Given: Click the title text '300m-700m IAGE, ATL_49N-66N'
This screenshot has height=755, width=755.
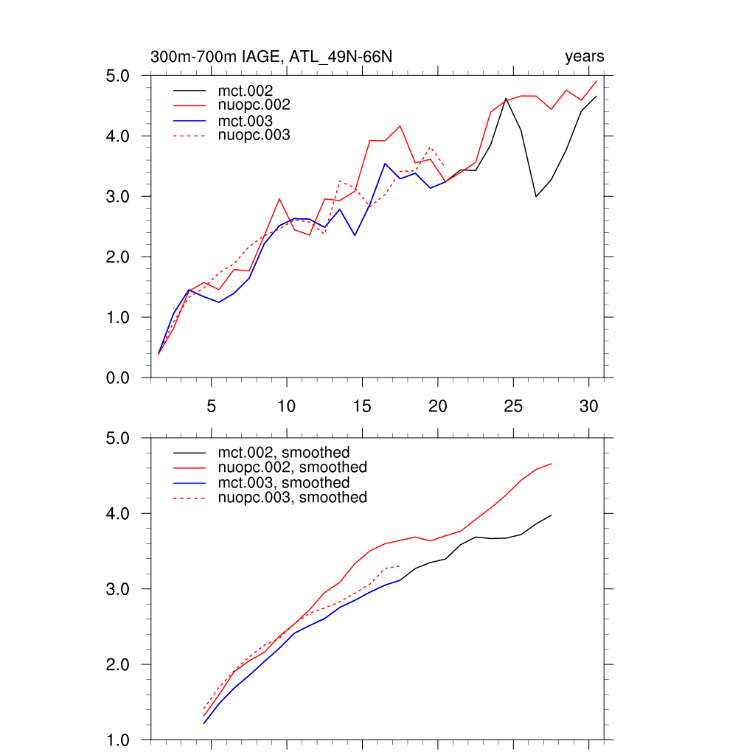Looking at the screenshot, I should click(x=276, y=57).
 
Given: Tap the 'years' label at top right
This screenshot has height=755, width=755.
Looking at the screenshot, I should click(x=585, y=57).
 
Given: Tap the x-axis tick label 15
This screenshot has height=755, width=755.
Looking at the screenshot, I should click(x=362, y=406).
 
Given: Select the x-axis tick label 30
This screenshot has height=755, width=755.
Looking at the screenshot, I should click(x=588, y=406).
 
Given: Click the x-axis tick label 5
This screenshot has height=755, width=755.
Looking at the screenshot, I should click(x=212, y=406).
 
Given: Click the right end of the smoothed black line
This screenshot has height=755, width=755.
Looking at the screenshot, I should click(x=551, y=515).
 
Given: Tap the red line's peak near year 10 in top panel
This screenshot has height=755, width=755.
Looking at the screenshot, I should click(x=279, y=199).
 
